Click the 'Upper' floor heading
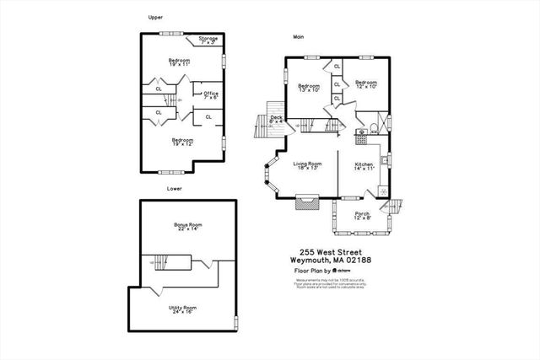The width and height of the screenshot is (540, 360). tap(154, 16)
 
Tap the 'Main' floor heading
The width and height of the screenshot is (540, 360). tap(298, 37)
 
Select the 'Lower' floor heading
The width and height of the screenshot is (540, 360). tap(175, 188)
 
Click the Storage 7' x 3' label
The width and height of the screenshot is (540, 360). tap(208, 40)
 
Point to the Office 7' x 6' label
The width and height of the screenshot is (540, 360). tap(211, 95)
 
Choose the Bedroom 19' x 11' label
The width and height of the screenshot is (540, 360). tap(178, 62)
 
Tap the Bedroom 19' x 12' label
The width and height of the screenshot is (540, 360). tap(182, 142)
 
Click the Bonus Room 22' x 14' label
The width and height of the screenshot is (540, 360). tap(188, 227)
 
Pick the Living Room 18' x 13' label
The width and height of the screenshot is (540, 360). tap(308, 165)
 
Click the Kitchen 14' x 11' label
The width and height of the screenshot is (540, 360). tap(364, 165)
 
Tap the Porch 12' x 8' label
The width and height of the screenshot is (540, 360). tap(362, 215)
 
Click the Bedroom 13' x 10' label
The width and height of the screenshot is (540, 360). tap(309, 88)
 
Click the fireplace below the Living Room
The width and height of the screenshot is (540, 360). tap(304, 202)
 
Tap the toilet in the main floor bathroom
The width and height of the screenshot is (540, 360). tap(359, 132)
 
